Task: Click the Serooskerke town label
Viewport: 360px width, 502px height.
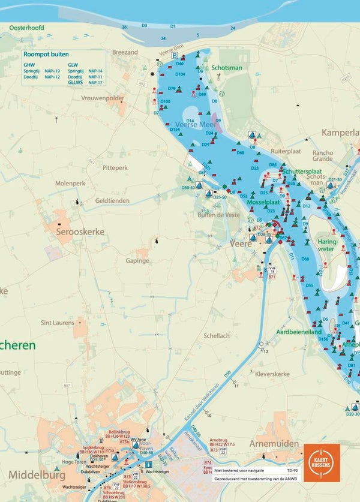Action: click(x=80, y=232)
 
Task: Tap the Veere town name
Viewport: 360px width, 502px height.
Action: click(x=241, y=244)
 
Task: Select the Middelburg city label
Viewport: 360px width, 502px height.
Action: click(x=37, y=475)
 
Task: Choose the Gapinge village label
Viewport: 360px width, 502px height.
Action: click(x=137, y=261)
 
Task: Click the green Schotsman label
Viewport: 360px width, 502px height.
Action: click(x=227, y=68)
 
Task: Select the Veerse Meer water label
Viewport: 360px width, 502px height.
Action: click(x=194, y=124)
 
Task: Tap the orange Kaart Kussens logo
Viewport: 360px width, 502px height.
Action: click(x=322, y=462)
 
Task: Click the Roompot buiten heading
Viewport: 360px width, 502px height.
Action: click(x=46, y=54)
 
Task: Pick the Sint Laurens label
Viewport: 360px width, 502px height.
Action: click(x=58, y=323)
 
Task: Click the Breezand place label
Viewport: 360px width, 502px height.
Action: click(x=125, y=52)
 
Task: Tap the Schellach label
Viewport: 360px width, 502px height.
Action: click(x=217, y=336)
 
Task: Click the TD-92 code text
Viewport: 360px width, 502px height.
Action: click(x=293, y=471)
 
